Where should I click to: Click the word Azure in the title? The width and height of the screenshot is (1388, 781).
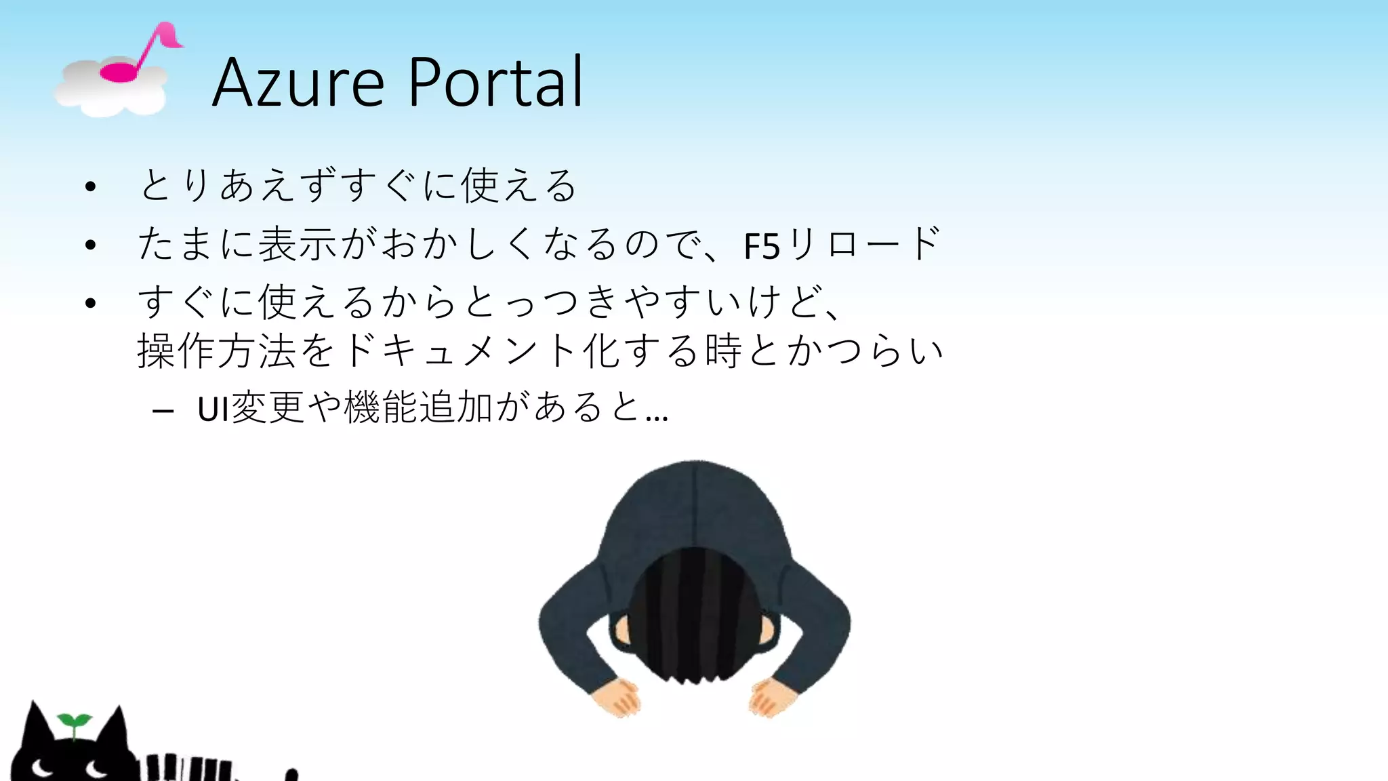point(298,83)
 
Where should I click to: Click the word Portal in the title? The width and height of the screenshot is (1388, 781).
point(495,83)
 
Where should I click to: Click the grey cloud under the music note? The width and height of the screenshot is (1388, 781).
point(108,92)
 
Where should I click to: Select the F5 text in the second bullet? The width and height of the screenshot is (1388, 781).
point(762,245)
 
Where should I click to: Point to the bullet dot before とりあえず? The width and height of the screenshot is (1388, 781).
point(91,186)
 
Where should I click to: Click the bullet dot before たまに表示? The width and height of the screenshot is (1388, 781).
point(91,245)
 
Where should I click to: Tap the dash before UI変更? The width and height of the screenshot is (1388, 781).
point(163,411)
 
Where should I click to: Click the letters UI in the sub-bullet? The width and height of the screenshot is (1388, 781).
point(213,409)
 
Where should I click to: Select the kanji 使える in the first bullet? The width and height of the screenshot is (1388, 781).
point(518,186)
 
